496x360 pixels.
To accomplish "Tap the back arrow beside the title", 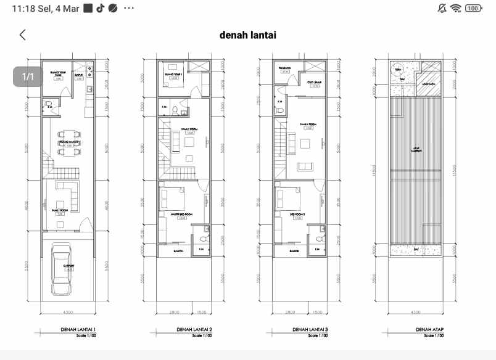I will click(23, 35).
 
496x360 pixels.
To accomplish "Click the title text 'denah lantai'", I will click(247, 35).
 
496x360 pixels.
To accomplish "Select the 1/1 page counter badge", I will click(28, 77).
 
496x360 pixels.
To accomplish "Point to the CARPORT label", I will click(68, 267).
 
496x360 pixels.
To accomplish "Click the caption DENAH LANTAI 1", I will click(77, 330).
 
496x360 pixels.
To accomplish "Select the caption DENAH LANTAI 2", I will click(194, 330).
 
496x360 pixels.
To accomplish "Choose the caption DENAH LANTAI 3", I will click(310, 330).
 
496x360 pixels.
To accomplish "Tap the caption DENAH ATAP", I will click(429, 330).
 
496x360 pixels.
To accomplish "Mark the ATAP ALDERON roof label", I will click(416, 150).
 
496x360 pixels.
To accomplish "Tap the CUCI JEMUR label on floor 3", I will click(315, 83).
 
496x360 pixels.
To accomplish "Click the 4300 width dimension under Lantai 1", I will click(68, 313).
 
